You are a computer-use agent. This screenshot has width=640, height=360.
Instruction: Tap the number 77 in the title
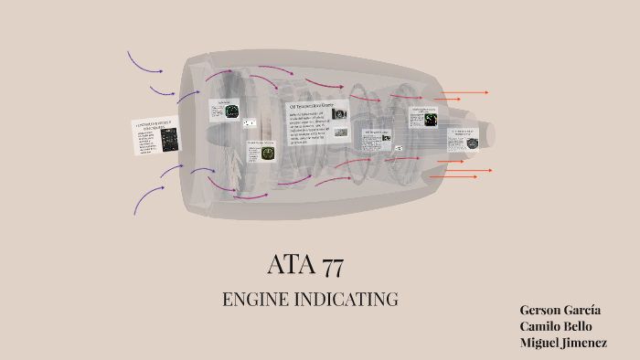click(x=332, y=266)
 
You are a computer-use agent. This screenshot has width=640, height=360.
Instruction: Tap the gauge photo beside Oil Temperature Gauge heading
click(x=339, y=114)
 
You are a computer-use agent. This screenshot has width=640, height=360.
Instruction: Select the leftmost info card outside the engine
click(x=156, y=136)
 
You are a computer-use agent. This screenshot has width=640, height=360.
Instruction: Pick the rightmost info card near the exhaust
click(x=464, y=138)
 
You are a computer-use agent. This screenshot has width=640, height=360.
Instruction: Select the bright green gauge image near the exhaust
click(x=431, y=119)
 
